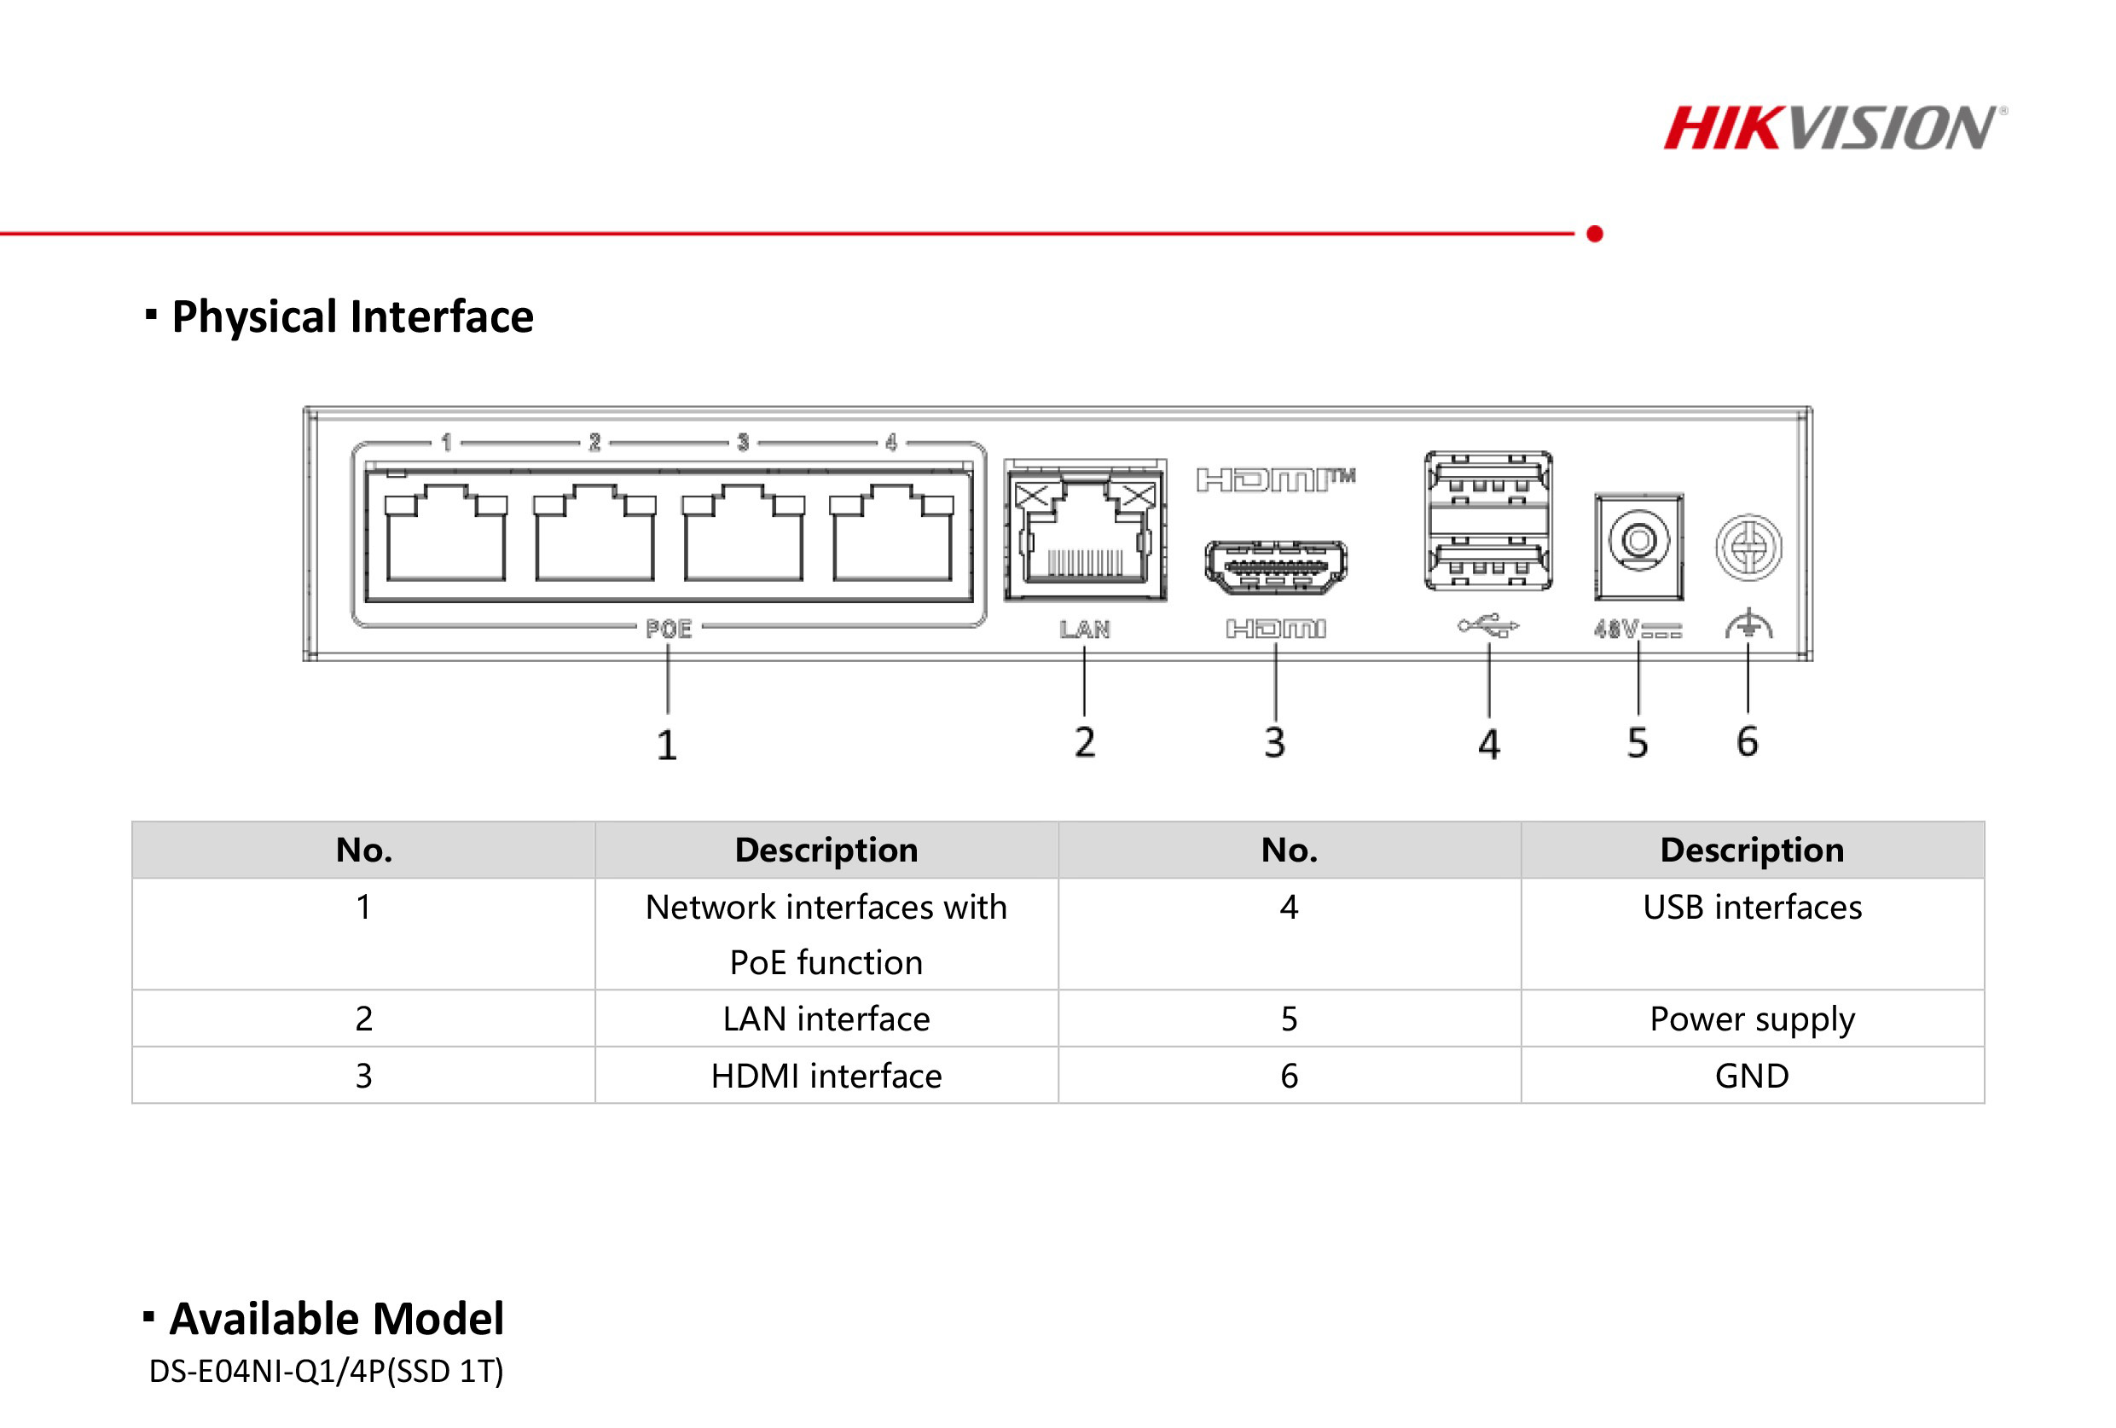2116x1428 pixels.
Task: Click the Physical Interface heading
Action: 351,317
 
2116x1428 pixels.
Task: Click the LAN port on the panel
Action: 1084,533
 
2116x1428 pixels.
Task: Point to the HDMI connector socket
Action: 1276,566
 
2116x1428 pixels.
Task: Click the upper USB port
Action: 1487,481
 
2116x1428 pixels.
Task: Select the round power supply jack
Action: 1638,541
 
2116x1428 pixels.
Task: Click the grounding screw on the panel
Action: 1748,548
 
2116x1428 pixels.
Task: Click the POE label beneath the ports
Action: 669,630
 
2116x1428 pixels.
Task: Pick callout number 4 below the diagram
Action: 1488,744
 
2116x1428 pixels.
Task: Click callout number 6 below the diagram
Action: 1747,741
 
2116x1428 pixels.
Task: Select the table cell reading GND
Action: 1751,1076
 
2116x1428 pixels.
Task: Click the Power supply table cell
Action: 1751,1019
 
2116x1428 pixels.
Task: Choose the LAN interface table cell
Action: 826,1019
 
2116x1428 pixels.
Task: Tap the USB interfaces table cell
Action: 1751,908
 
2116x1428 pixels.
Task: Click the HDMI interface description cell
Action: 826,1076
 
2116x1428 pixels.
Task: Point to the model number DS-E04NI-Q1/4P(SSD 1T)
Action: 326,1371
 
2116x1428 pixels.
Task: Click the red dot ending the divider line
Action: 1594,234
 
